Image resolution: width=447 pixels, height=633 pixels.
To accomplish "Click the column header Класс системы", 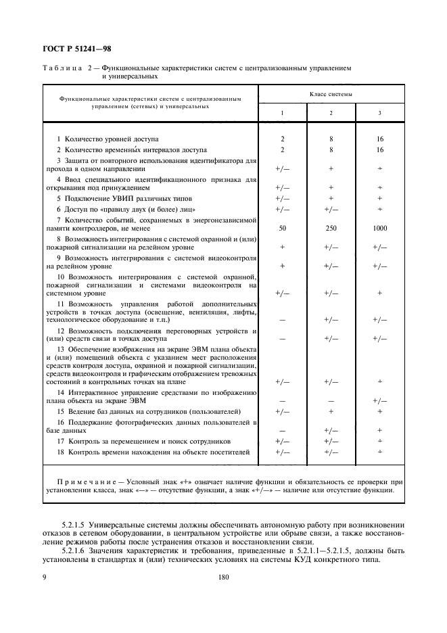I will click(x=331, y=94).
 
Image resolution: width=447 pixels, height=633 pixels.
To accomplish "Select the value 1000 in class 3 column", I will click(x=379, y=229).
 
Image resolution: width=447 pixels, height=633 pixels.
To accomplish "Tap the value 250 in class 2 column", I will click(x=331, y=229).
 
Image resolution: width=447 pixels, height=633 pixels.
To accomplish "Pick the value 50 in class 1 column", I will click(x=282, y=229).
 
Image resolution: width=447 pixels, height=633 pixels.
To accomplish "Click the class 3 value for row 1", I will click(x=379, y=138).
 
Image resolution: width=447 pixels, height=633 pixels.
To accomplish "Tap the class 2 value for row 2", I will click(x=331, y=149).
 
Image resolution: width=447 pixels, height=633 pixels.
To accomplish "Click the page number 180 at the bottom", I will click(x=224, y=578).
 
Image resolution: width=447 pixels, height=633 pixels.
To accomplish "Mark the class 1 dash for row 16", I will click(x=282, y=429).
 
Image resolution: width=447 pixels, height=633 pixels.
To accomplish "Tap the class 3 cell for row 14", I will click(x=379, y=400).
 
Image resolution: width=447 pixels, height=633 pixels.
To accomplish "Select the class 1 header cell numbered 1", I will click(x=282, y=112).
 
